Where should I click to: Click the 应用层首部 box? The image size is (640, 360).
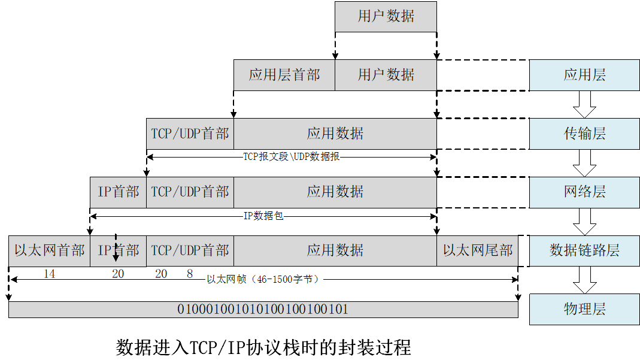point(284,75)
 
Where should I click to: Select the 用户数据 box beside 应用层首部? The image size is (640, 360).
point(386,75)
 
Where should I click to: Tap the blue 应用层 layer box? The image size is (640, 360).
point(584,75)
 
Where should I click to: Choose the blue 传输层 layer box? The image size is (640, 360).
point(584,134)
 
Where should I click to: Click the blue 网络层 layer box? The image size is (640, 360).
point(584,192)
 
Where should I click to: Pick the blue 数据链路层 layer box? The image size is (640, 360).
point(584,250)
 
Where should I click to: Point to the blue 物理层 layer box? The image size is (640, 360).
point(584,309)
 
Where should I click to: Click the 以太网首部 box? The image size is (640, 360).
point(49,250)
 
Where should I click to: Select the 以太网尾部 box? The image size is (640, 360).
point(477,250)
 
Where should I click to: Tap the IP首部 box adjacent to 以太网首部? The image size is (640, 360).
point(118,250)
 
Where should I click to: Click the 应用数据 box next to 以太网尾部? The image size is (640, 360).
point(335,250)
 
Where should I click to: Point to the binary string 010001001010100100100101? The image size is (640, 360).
point(263,310)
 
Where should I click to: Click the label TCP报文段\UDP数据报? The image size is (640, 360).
point(292,157)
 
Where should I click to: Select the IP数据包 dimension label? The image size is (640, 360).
point(263,216)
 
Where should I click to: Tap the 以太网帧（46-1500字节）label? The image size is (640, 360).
point(263,279)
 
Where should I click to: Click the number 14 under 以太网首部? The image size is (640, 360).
point(49,274)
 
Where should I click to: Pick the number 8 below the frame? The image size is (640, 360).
point(190,274)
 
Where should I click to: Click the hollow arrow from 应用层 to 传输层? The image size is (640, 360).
point(584,104)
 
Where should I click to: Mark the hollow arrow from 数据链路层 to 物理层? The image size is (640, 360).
point(584,280)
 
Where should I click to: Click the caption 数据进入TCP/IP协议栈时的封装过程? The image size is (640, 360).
point(263,347)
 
